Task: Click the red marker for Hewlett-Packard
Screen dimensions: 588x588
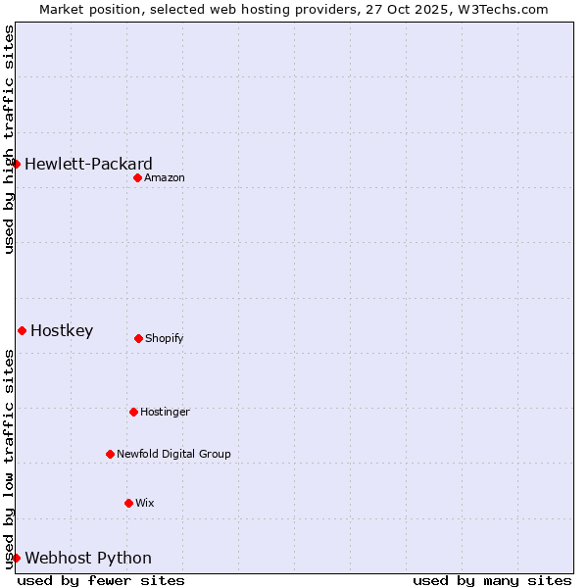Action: pos(17,164)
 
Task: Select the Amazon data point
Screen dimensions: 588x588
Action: pos(137,177)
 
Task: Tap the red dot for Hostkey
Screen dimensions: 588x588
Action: pos(22,330)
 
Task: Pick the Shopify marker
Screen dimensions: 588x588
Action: pos(138,338)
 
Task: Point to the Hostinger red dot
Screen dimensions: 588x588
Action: pos(133,412)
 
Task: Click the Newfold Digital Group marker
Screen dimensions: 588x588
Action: pos(110,454)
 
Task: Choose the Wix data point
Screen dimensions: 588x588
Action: pos(128,503)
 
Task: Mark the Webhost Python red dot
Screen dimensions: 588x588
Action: pos(17,558)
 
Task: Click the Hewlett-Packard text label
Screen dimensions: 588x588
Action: pos(88,164)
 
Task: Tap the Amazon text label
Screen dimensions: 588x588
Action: pos(165,177)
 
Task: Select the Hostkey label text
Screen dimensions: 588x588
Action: pos(62,330)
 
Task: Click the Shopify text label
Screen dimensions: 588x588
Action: pos(165,338)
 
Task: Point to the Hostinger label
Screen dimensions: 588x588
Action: pos(165,412)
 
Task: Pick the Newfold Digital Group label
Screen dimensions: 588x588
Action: pos(173,454)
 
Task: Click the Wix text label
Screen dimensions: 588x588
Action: pos(145,503)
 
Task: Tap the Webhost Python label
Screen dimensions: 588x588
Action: pos(88,558)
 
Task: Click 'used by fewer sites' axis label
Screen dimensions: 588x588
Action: pos(101,580)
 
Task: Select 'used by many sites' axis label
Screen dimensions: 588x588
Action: pos(492,580)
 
